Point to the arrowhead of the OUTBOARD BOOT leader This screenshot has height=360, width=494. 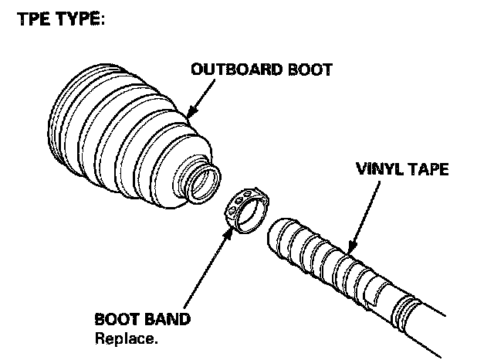(187, 117)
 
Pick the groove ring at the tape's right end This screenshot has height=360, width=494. (405, 312)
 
